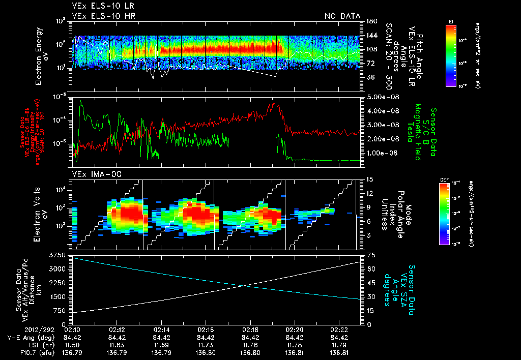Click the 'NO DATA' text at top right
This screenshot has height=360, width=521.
click(342, 16)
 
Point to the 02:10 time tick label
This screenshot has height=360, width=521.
click(73, 330)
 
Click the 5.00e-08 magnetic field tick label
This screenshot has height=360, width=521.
click(381, 97)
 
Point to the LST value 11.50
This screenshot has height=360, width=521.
click(73, 344)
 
